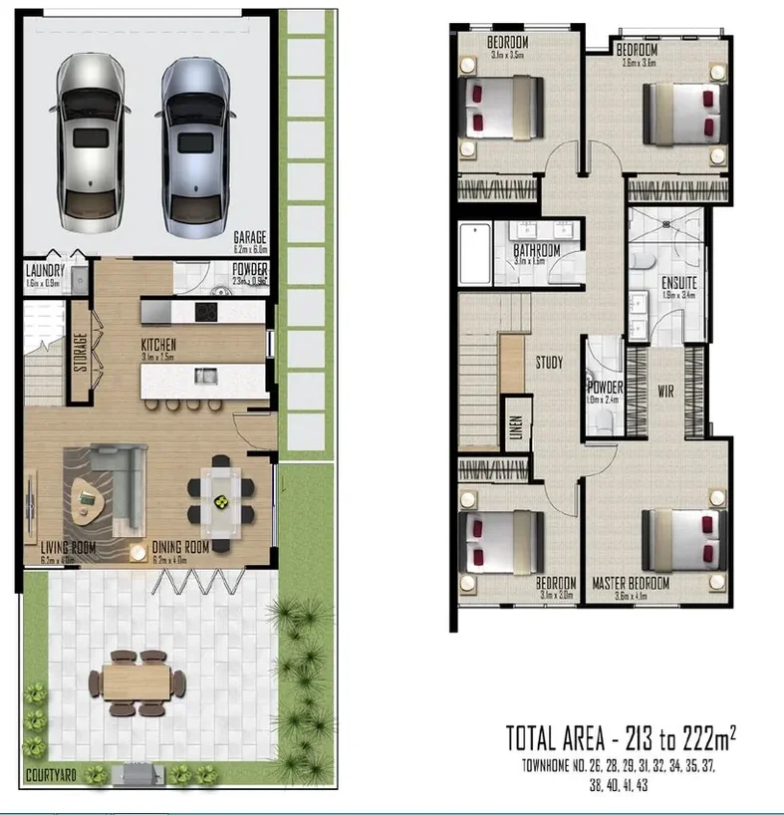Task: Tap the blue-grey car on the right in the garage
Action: pyautogui.click(x=196, y=140)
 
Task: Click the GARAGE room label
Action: pyautogui.click(x=250, y=237)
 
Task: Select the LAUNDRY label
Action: pyautogui.click(x=46, y=271)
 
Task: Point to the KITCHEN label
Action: pyautogui.click(x=158, y=344)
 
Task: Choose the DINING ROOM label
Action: pyautogui.click(x=180, y=547)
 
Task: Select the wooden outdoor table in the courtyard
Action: pyautogui.click(x=137, y=682)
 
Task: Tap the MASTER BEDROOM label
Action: pyautogui.click(x=631, y=583)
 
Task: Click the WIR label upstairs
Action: pyautogui.click(x=666, y=391)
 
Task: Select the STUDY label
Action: pyautogui.click(x=550, y=362)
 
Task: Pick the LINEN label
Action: pyautogui.click(x=515, y=426)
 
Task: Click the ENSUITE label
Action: pyautogui.click(x=679, y=283)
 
